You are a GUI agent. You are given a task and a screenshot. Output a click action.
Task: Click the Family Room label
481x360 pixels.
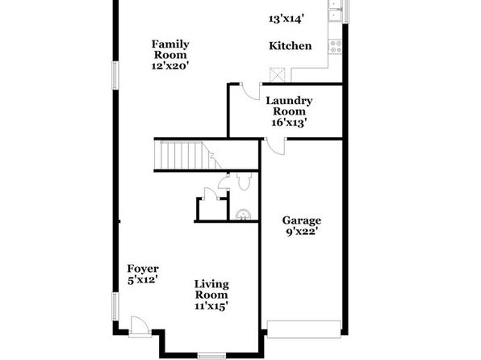(170, 49)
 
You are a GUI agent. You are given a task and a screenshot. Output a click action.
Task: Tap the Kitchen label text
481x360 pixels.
(291, 46)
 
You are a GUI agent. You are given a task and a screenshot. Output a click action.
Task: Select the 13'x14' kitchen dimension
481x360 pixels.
(287, 19)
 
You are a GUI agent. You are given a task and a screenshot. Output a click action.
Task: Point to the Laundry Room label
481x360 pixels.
(289, 106)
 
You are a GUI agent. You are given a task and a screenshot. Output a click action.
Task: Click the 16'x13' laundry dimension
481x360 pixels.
(289, 123)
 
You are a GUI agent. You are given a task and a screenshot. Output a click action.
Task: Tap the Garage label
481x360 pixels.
(302, 220)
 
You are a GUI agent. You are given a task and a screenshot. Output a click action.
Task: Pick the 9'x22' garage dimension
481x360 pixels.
(301, 232)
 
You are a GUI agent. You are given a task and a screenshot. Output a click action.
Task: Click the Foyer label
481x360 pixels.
(143, 269)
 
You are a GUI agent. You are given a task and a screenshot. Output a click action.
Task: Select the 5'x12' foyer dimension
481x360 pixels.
(143, 280)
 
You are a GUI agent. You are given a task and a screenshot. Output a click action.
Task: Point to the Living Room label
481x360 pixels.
(211, 290)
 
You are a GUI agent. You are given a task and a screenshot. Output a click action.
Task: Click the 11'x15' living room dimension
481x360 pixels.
(211, 306)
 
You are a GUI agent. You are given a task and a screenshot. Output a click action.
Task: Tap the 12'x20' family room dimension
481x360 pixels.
(170, 65)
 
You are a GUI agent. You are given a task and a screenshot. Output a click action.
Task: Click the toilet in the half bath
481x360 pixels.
(245, 181)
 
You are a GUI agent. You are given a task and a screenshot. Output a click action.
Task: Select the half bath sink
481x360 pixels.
(243, 215)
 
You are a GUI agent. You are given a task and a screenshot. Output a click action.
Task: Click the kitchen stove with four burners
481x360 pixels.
(335, 46)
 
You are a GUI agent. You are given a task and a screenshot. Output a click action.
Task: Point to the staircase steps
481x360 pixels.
(187, 155)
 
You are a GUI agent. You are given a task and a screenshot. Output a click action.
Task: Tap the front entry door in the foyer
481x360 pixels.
(140, 327)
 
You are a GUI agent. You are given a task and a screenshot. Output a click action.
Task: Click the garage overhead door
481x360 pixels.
(304, 329)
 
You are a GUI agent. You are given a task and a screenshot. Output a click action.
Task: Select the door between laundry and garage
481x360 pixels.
(276, 146)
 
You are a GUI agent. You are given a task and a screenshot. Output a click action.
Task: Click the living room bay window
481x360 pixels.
(211, 356)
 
